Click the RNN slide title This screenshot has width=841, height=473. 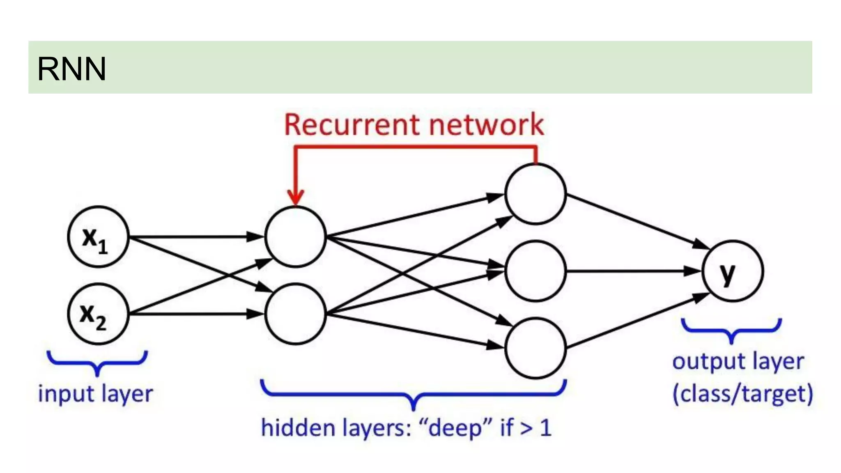tap(72, 69)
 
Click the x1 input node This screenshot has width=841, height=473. tap(98, 237)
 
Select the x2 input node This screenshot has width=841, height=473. tap(98, 314)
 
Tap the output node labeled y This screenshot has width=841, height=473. tap(733, 271)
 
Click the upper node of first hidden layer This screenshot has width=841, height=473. tap(295, 237)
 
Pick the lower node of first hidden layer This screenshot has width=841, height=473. tap(295, 314)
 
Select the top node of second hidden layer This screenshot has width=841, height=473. tap(535, 194)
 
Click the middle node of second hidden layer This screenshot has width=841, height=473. tap(535, 271)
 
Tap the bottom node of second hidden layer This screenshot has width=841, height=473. tap(535, 348)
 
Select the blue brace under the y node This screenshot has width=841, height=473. tap(731, 331)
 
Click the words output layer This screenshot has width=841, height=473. tap(738, 362)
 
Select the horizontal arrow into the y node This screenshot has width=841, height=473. tap(632, 271)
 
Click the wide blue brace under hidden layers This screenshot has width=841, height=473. tap(414, 394)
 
